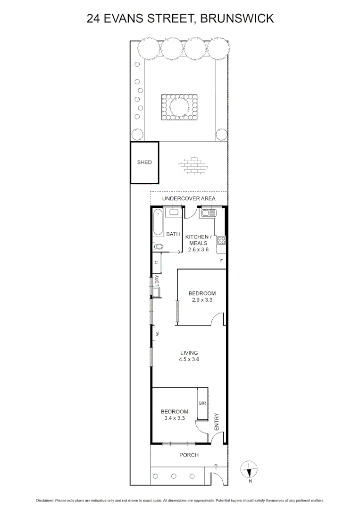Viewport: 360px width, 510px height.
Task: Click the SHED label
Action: click(144, 162)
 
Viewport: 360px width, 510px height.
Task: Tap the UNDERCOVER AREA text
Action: click(189, 198)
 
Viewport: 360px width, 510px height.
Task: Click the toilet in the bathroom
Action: click(158, 246)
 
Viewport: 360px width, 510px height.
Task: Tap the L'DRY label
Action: click(157, 281)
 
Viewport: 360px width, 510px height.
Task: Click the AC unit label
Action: click(157, 334)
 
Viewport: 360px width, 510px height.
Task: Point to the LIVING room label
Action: click(189, 353)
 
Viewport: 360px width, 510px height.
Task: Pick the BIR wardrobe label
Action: click(202, 403)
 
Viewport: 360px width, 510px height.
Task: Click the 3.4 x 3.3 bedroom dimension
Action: click(175, 418)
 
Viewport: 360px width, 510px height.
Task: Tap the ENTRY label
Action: click(217, 421)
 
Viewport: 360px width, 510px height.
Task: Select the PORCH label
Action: click(189, 455)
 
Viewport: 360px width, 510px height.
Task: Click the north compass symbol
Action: click(249, 470)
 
